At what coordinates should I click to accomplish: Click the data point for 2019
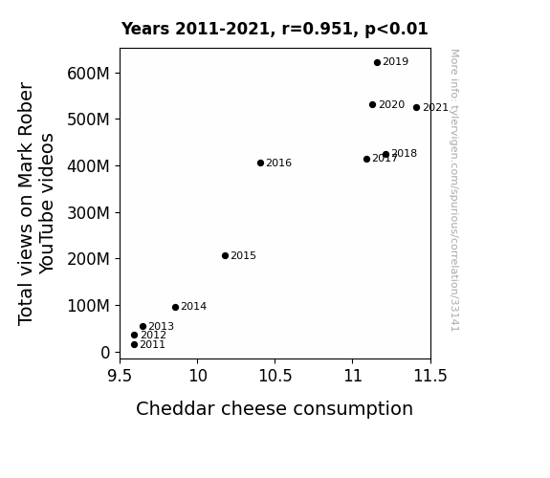pos(377,63)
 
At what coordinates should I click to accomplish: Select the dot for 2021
pos(416,108)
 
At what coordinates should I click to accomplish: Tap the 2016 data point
pos(260,163)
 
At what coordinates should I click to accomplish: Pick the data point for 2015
pos(225,256)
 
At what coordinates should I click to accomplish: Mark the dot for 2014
pos(175,308)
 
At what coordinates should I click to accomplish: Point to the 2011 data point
pos(134,345)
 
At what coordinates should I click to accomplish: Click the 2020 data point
pos(372,105)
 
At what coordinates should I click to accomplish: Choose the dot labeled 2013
pos(143,327)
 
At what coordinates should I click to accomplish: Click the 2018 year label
pos(404,153)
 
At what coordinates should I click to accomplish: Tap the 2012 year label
pos(153,335)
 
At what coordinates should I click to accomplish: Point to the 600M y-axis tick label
pos(88,74)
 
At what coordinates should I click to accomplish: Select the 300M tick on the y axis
pos(88,213)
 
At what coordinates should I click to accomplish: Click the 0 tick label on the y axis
pos(105,353)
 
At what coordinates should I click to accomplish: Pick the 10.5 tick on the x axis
pos(275,376)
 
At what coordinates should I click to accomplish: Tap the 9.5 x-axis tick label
pos(120,376)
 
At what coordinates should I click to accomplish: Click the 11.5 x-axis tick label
pos(430,376)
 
